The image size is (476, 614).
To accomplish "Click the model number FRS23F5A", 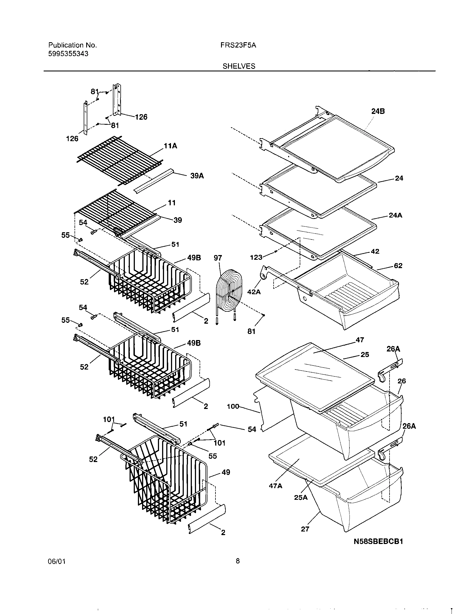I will point(238,45).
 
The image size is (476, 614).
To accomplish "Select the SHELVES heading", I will point(239,66).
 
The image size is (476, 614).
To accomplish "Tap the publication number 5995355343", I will point(68,54).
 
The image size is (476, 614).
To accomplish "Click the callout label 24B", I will point(378,111).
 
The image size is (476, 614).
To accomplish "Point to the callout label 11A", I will point(170,146).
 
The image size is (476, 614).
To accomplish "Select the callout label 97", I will point(218,258).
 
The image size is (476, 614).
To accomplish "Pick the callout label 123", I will point(256,257).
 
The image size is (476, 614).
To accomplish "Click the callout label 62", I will point(398,266).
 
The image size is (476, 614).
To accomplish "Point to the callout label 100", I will point(233,406).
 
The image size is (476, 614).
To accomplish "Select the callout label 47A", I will point(276,486).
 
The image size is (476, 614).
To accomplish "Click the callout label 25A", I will point(301,498).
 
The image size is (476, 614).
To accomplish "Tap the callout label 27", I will point(305,529).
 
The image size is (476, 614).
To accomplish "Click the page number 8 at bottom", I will point(238,569).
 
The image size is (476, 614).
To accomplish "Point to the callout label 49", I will point(225,473).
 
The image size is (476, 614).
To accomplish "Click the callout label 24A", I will point(395,215).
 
